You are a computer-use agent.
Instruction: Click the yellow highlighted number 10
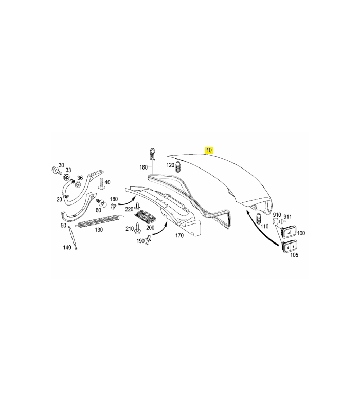click(x=209, y=150)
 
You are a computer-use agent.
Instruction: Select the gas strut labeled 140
click(x=73, y=237)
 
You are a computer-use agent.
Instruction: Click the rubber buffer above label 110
click(x=259, y=218)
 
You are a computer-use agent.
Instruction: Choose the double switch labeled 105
click(x=290, y=247)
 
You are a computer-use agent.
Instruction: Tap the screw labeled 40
click(x=101, y=184)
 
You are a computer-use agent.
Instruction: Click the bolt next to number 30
click(x=57, y=171)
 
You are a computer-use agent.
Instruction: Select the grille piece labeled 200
click(x=145, y=216)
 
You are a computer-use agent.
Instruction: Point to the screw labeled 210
click(x=137, y=228)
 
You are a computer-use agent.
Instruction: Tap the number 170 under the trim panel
click(x=179, y=235)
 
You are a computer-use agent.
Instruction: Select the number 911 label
click(x=287, y=217)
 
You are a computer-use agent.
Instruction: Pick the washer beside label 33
click(x=67, y=177)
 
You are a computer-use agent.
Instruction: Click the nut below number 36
click(x=78, y=185)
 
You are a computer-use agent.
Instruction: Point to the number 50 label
click(x=63, y=225)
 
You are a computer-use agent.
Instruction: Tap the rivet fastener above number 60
click(x=101, y=202)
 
